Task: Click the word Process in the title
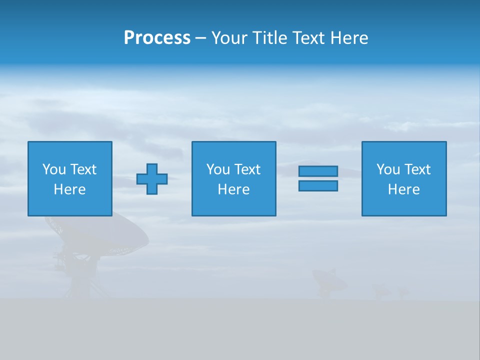click(157, 38)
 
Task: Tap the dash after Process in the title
click(201, 38)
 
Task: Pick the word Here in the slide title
click(349, 38)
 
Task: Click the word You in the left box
click(54, 169)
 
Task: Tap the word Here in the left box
click(69, 189)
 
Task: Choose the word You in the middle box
click(218, 169)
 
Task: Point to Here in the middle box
click(233, 189)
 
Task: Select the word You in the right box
click(388, 169)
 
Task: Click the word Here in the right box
click(403, 189)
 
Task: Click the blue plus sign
click(152, 179)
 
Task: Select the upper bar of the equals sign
click(318, 171)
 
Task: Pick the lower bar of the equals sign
click(318, 185)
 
